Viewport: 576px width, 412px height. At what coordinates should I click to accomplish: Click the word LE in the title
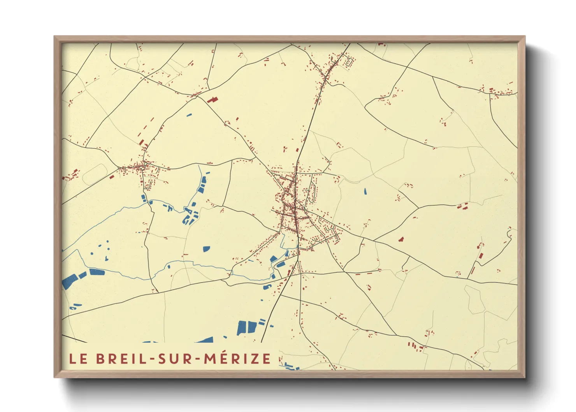[x=78, y=359]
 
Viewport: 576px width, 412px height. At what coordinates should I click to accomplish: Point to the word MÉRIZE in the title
[x=238, y=358]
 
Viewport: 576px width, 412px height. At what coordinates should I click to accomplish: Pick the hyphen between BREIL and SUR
[x=153, y=359]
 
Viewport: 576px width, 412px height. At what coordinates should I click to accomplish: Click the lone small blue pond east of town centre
[x=365, y=191]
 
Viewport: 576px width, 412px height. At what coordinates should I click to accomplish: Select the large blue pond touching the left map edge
[x=69, y=282]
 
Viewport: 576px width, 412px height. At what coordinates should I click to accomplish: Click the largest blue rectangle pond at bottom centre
[x=242, y=328]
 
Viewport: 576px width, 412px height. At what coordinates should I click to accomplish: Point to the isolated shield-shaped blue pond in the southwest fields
[x=206, y=248]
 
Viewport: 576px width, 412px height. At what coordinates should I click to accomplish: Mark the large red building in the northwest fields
[x=212, y=100]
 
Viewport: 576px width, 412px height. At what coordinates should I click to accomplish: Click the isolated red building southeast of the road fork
[x=401, y=239]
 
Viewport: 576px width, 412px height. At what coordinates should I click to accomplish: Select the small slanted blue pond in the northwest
[x=190, y=115]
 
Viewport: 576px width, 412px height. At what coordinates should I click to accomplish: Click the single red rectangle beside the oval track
[x=112, y=177]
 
